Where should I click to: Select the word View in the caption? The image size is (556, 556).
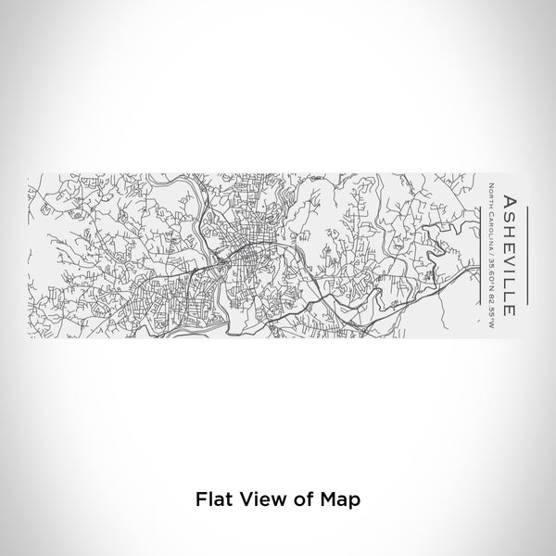255,498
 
